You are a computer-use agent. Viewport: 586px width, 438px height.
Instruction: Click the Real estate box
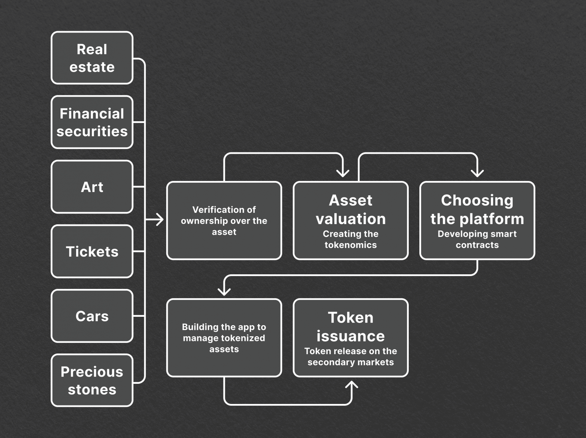92,58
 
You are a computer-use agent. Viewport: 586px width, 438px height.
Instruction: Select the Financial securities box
92,122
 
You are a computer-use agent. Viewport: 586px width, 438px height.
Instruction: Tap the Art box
92,187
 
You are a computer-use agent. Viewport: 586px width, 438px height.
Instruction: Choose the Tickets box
92,252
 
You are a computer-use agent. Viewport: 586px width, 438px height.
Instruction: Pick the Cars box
92,316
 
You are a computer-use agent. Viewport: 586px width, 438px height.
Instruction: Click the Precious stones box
92,381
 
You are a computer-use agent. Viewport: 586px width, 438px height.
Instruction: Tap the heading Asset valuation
351,209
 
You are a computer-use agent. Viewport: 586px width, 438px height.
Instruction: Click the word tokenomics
351,245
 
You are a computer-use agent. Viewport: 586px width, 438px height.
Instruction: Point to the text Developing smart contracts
477,240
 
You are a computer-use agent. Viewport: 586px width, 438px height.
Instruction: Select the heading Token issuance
351,327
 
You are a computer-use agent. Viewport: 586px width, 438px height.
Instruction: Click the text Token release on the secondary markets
351,357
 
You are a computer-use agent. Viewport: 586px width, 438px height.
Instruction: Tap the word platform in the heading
492,219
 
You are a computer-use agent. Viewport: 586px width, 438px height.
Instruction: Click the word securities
92,131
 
